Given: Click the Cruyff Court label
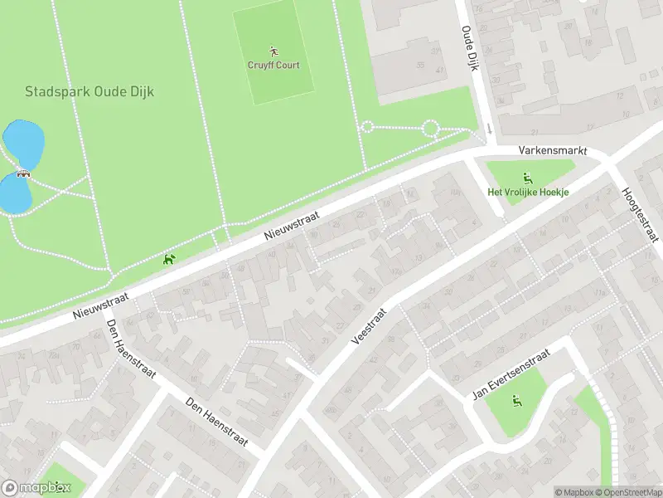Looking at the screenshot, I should (x=273, y=66).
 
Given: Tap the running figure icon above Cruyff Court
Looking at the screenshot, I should (x=273, y=51).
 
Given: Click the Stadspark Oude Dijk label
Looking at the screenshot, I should (x=90, y=92).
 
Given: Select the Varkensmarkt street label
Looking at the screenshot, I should (x=552, y=152).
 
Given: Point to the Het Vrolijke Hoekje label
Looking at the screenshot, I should (x=528, y=193).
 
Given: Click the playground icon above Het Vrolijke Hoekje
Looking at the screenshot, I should (x=527, y=178).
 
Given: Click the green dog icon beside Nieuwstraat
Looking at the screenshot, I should (x=170, y=260).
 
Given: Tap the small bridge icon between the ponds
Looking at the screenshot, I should (x=22, y=174).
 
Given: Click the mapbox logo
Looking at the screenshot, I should (x=36, y=488).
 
